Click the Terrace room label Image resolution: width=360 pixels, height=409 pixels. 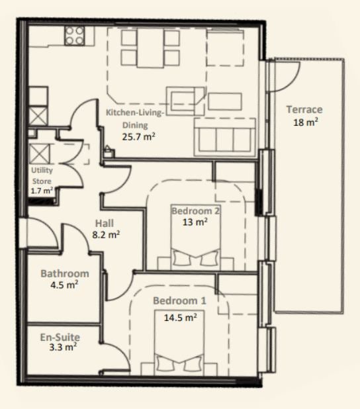pyautogui.click(x=304, y=110)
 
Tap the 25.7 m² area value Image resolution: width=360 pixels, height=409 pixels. pyautogui.click(x=139, y=137)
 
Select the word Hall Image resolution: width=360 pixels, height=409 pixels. pyautogui.click(x=105, y=224)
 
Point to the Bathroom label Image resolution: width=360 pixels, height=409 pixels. pyautogui.click(x=65, y=273)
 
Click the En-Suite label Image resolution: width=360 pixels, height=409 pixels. pyautogui.click(x=60, y=338)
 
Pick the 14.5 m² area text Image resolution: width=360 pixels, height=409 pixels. pyautogui.click(x=180, y=318)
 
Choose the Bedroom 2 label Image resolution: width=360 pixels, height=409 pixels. pyautogui.click(x=196, y=210)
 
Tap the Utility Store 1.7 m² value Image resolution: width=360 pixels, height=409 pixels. pyautogui.click(x=42, y=191)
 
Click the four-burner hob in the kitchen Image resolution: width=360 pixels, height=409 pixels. pyautogui.click(x=75, y=36)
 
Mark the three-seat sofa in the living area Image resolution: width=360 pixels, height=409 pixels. pyautogui.click(x=225, y=137)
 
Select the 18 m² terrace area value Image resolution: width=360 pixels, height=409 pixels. pyautogui.click(x=306, y=122)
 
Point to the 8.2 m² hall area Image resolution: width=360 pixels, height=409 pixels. pyautogui.click(x=106, y=235)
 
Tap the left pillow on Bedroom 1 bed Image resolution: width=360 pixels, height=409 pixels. pyautogui.click(x=165, y=363)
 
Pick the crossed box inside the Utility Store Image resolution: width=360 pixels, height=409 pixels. pyautogui.click(x=39, y=154)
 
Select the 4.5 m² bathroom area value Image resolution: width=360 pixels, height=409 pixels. pyautogui.click(x=64, y=285)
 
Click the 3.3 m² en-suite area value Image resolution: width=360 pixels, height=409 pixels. pyautogui.click(x=63, y=347)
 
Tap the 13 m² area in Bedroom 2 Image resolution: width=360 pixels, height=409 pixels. pyautogui.click(x=195, y=222)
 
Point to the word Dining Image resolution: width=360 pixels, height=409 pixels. pyautogui.click(x=135, y=126)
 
